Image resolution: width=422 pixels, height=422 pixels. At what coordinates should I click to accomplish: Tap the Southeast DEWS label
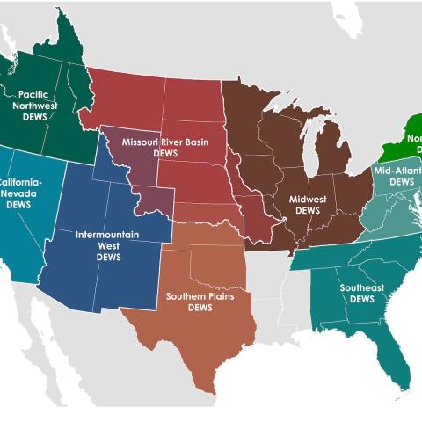[x=361, y=293]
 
